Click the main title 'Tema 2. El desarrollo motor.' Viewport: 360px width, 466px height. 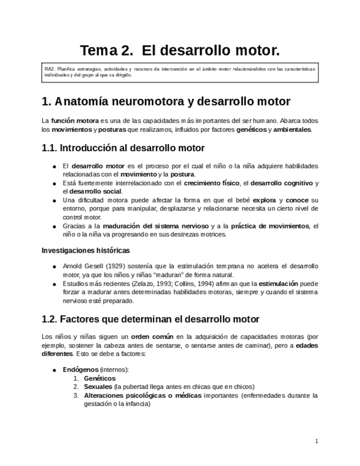tap(180, 51)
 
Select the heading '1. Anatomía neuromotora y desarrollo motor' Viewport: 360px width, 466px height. tap(166, 101)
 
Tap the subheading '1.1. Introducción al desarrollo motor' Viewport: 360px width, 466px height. tap(123, 148)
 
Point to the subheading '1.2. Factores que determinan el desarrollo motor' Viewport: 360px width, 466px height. tap(150, 319)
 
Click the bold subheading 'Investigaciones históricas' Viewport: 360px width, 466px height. tap(86, 251)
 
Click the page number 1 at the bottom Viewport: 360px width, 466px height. tap(317, 441)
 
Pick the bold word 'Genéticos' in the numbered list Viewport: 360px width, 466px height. tap(99, 378)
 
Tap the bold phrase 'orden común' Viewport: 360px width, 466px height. tap(152, 336)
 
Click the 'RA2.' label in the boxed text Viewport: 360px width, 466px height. tap(50, 69)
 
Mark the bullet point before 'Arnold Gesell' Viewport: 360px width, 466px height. tap(53, 267)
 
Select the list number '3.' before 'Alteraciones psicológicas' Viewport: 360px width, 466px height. tap(76, 395)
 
